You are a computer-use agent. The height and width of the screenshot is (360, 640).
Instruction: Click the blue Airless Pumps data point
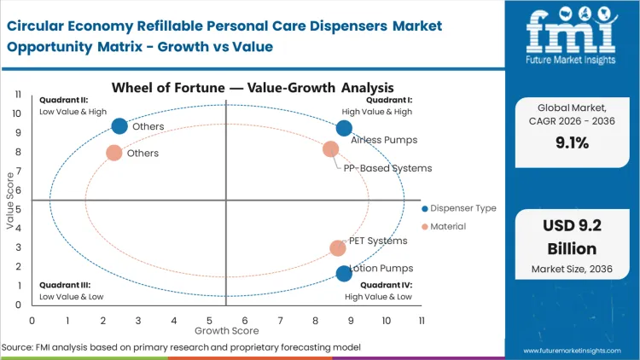[344, 128]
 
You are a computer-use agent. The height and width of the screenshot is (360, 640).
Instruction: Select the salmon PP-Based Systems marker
[331, 149]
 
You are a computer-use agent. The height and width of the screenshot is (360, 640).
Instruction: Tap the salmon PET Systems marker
[338, 248]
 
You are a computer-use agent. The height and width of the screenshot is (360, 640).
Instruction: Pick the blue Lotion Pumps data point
[344, 273]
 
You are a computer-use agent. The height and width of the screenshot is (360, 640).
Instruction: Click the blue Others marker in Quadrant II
[119, 126]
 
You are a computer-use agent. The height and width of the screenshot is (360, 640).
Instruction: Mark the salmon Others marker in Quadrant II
[113, 153]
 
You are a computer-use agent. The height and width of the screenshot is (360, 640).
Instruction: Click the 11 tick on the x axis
[422, 320]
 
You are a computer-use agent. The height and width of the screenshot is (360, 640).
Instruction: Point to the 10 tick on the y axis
[17, 113]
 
